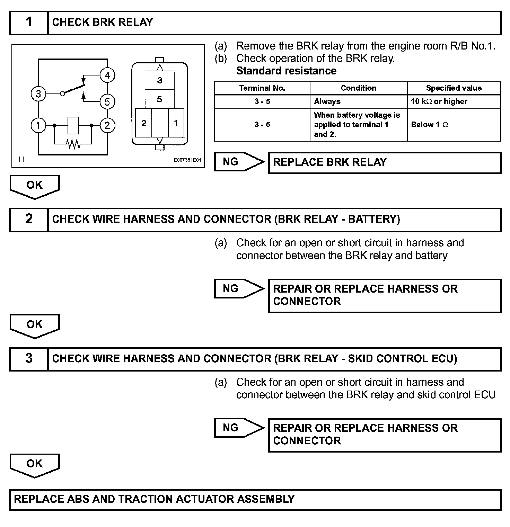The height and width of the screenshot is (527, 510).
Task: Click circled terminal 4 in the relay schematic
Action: pos(107,75)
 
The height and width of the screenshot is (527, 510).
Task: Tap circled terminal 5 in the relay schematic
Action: pos(107,101)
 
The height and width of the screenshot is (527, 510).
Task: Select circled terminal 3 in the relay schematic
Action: pos(38,93)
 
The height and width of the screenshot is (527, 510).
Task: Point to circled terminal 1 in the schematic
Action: pos(38,125)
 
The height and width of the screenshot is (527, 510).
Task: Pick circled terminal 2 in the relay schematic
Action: pos(107,125)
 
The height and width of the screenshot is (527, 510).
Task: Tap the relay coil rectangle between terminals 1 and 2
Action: pos(73,125)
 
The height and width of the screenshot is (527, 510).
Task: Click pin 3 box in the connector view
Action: pos(159,80)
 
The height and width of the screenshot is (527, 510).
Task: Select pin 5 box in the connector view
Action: pos(159,99)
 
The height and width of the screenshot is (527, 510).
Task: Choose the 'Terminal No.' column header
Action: pos(262,88)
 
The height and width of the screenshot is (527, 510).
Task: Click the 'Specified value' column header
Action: pos(454,88)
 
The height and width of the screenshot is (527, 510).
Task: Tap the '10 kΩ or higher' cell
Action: pos(439,101)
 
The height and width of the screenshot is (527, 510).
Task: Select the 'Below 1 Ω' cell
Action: pos(430,125)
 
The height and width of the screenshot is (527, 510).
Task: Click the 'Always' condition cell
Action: pos(327,101)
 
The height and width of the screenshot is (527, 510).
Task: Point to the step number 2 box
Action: pos(29,220)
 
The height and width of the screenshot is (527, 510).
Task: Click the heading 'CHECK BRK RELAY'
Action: pos(103,23)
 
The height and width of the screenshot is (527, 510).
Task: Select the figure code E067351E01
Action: pos(187,160)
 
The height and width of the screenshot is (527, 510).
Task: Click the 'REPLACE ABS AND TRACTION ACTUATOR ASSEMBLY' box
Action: pos(255,499)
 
